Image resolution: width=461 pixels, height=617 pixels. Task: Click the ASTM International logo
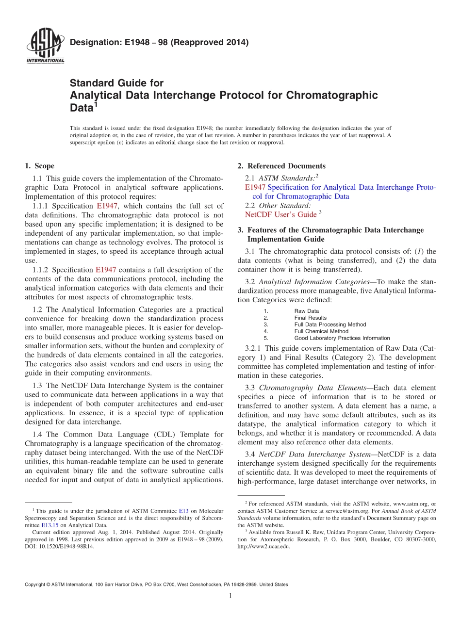[x=45, y=47]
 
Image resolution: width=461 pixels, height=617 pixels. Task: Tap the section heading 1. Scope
[x=39, y=166]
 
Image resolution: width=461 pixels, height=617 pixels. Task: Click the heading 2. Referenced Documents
[x=281, y=166]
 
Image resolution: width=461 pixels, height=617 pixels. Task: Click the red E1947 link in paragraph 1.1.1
[x=107, y=206]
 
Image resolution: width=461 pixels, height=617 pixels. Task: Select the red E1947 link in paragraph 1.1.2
[x=105, y=270]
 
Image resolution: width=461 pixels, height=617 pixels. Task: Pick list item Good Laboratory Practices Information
[x=342, y=338]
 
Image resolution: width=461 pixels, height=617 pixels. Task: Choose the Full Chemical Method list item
[x=321, y=331]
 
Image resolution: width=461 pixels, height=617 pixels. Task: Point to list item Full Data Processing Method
[x=330, y=325]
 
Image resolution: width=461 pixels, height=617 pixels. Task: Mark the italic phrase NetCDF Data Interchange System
[x=314, y=454]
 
